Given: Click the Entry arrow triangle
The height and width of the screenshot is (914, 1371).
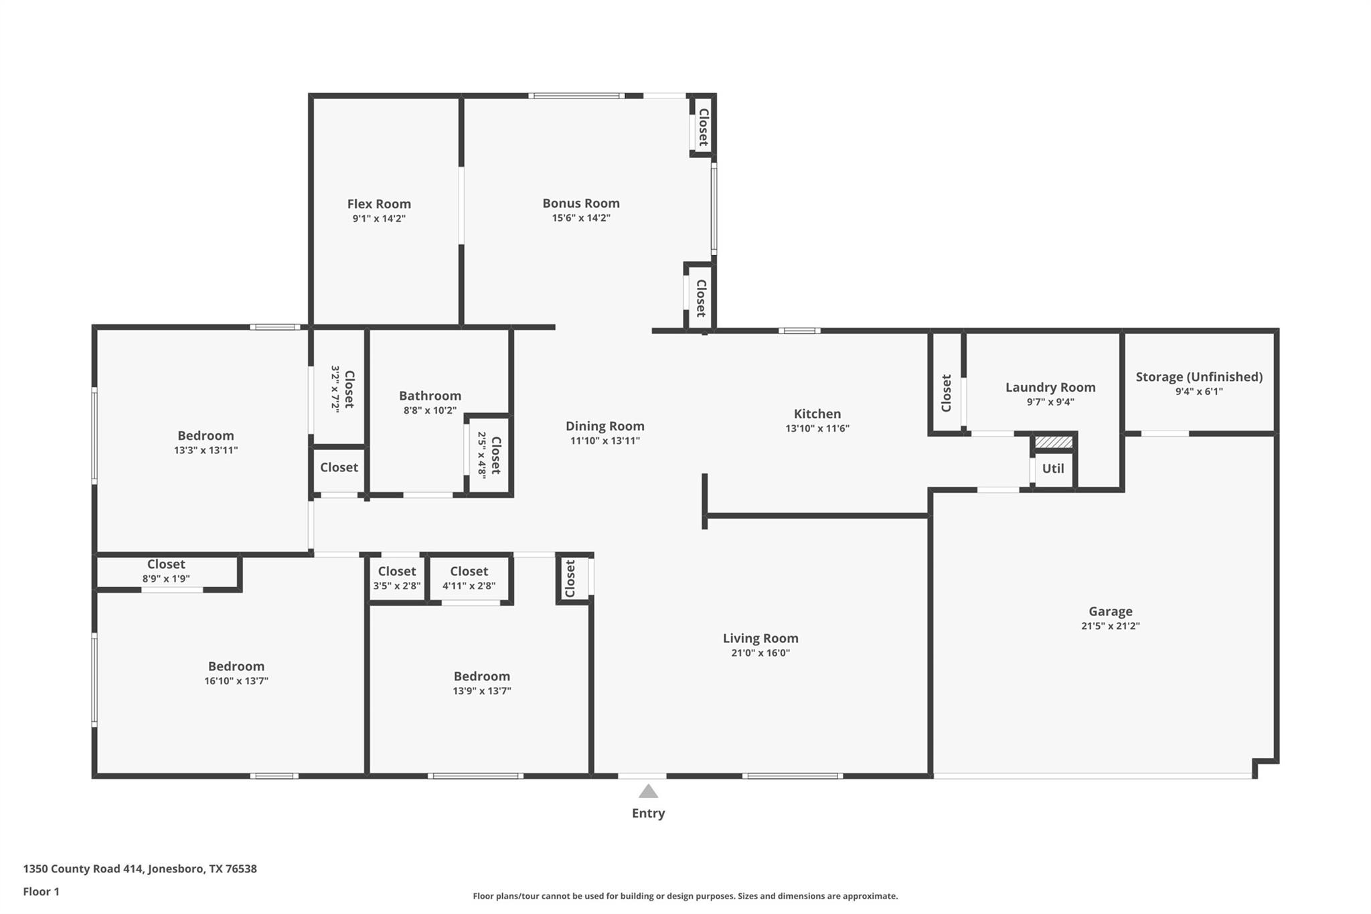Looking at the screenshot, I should (x=648, y=792).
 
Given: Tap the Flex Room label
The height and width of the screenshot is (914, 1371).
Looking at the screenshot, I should (x=379, y=204).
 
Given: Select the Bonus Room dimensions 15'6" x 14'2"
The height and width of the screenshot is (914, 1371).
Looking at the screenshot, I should (x=580, y=218).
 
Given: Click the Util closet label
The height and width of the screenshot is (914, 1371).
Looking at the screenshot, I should (x=1052, y=468).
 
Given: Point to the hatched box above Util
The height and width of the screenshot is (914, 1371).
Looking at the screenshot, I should (x=1053, y=442).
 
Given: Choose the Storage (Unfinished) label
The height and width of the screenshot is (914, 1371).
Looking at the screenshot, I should (x=1199, y=376).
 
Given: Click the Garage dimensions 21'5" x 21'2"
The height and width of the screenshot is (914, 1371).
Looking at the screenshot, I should (x=1110, y=626).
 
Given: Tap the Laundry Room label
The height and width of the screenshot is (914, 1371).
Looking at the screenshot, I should (x=1050, y=387).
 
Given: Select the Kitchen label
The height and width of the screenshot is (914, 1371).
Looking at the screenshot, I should (x=817, y=414).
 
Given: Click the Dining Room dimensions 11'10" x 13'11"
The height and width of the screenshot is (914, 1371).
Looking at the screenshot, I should (x=604, y=441).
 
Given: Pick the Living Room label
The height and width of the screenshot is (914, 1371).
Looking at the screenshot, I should (x=760, y=638).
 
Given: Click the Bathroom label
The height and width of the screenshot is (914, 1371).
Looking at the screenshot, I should (x=430, y=396).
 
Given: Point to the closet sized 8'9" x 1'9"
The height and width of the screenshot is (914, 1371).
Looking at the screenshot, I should (x=166, y=571).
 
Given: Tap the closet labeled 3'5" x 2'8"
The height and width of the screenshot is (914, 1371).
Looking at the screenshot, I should (x=397, y=578).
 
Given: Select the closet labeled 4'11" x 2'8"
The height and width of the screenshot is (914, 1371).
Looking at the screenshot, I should (x=469, y=578).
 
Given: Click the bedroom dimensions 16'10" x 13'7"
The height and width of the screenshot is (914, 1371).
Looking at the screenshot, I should (x=236, y=681).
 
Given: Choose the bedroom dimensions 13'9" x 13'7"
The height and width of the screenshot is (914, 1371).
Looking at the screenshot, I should (x=481, y=691).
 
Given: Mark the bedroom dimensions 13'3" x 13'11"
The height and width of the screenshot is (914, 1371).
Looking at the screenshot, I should (x=206, y=451).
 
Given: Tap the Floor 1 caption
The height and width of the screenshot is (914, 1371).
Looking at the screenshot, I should (x=41, y=891).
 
